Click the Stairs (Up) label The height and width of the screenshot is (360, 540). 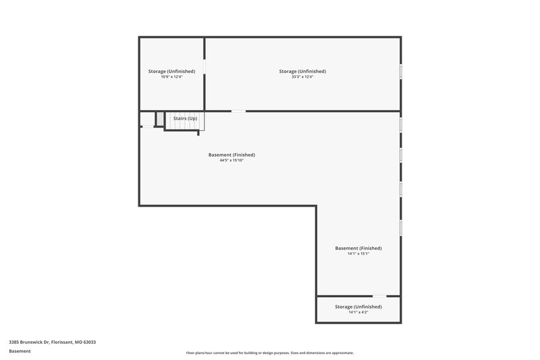pyautogui.click(x=185, y=118)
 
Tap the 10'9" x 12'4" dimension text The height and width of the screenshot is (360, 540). pyautogui.click(x=171, y=77)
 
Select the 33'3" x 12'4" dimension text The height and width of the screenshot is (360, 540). pyautogui.click(x=302, y=77)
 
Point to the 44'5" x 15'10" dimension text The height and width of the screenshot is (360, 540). pyautogui.click(x=232, y=161)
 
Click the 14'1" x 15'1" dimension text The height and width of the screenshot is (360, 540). pyautogui.click(x=358, y=254)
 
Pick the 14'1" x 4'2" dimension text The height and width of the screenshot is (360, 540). pyautogui.click(x=358, y=312)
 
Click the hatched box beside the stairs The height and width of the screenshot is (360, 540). pyautogui.click(x=160, y=120)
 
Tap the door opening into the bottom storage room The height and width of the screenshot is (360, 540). pyautogui.click(x=379, y=296)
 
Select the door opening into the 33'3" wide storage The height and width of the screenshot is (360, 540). pyautogui.click(x=238, y=111)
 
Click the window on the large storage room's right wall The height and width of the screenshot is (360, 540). pyautogui.click(x=400, y=72)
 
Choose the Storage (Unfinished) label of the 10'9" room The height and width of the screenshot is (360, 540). pyautogui.click(x=171, y=71)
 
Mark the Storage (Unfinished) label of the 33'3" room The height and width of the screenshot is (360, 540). pyautogui.click(x=302, y=71)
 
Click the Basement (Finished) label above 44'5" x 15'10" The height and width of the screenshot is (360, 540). pyautogui.click(x=232, y=155)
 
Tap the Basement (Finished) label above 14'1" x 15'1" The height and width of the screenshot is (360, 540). pyautogui.click(x=358, y=248)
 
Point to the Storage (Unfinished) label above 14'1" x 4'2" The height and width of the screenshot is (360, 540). pyautogui.click(x=358, y=307)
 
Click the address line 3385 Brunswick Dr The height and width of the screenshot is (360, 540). pyautogui.click(x=52, y=342)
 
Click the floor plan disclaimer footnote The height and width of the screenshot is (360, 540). pyautogui.click(x=269, y=353)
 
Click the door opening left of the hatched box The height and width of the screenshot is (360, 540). pyautogui.click(x=147, y=126)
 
